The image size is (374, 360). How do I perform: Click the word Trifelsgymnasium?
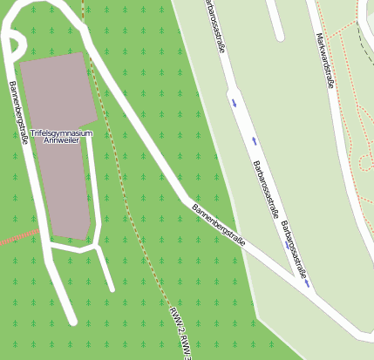tap(60, 133)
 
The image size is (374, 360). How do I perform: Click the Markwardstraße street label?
tap(326, 60)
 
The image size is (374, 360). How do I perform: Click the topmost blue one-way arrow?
tap(234, 102)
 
